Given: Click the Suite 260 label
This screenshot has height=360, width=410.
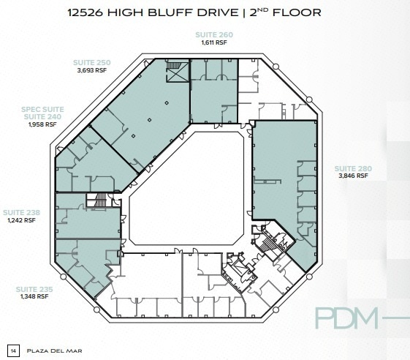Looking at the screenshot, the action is [x=214, y=35].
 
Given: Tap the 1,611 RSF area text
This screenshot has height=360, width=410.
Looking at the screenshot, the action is [x=214, y=42].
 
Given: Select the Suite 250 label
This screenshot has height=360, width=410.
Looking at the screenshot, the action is [x=92, y=63].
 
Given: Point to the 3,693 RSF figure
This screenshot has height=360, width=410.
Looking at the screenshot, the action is [x=92, y=70].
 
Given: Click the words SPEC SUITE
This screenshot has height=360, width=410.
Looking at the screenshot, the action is [x=42, y=110].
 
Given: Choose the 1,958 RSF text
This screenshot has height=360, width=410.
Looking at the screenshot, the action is [x=42, y=124].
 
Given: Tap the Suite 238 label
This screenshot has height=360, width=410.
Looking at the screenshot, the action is [x=21, y=213].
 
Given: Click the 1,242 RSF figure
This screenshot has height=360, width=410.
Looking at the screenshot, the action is [x=21, y=220].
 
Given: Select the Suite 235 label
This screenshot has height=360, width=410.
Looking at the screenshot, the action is [x=34, y=289].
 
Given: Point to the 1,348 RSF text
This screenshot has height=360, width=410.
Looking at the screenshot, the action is [x=34, y=296].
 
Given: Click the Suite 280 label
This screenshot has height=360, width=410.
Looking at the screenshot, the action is [x=353, y=168].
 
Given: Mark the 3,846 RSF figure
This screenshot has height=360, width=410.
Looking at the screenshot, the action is [x=353, y=176].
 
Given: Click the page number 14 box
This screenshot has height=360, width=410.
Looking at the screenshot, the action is [x=13, y=350].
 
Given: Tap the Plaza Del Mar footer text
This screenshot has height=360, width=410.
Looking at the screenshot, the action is [x=54, y=350].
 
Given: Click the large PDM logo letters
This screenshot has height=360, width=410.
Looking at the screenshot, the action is [x=346, y=318].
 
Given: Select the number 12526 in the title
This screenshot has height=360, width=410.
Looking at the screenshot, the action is [x=86, y=12].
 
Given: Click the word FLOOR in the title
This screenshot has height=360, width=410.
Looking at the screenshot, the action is [x=297, y=12].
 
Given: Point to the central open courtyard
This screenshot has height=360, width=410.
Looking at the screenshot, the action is [x=187, y=189].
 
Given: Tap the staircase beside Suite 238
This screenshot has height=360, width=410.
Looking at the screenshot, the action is [x=99, y=200].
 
